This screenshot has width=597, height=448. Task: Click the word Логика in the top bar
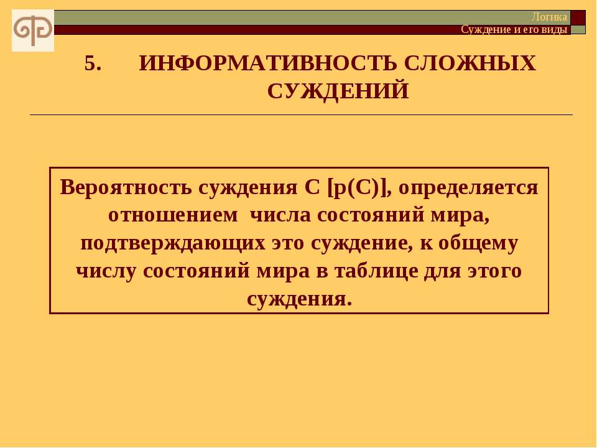click(x=549, y=17)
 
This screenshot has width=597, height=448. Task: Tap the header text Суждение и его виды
click(x=514, y=29)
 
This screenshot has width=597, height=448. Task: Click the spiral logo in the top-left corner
click(x=33, y=30)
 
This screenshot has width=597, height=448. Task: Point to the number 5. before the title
click(x=93, y=63)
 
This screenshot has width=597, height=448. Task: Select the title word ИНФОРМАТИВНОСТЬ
click(x=267, y=63)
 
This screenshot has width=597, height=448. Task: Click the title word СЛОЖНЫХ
click(x=470, y=63)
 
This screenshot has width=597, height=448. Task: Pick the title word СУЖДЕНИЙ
click(x=338, y=91)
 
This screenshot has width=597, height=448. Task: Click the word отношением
click(x=173, y=215)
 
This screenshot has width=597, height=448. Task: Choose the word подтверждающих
click(x=173, y=243)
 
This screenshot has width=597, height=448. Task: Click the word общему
click(x=478, y=243)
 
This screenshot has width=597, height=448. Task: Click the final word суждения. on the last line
click(x=299, y=299)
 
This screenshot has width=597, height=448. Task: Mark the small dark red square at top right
click(x=578, y=17)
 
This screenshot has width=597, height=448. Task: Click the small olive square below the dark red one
click(x=578, y=30)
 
